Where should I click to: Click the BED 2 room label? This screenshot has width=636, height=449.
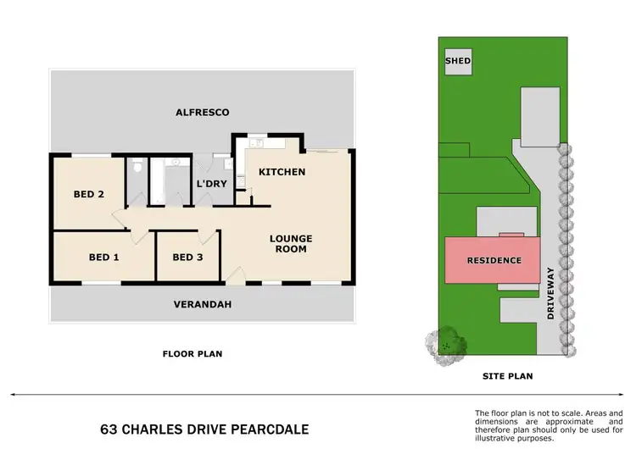point(88,194)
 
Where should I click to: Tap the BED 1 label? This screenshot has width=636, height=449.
point(103,257)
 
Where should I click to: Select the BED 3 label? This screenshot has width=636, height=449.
point(187,257)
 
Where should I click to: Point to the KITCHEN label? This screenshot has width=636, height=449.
point(282,172)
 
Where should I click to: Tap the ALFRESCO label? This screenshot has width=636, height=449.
point(202,112)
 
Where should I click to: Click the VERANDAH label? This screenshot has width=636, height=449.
point(202,304)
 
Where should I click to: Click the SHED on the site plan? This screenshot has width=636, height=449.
point(458,62)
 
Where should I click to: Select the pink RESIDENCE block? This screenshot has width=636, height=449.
point(493,260)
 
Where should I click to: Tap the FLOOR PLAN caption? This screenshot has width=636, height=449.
point(192,354)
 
